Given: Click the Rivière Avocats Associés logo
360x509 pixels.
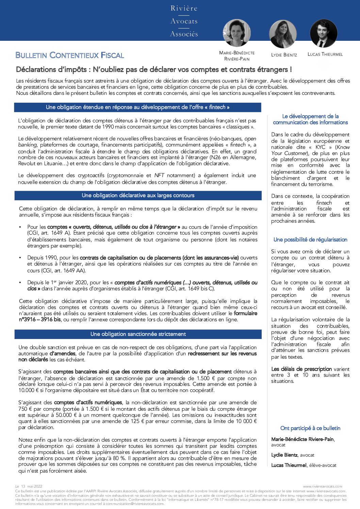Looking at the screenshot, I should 184,21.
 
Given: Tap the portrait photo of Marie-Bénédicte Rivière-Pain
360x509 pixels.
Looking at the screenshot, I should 237,33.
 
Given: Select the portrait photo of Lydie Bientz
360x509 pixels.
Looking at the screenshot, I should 283,34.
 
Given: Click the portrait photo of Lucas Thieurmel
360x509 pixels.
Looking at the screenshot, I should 324,33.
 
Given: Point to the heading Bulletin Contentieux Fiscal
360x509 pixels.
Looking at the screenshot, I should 70,55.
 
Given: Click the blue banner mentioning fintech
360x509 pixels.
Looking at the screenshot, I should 137,107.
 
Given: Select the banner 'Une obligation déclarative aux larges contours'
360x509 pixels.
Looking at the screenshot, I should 138,196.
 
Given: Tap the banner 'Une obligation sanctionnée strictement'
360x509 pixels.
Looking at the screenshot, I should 138,334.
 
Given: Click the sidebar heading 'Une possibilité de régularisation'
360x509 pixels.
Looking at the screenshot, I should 310,240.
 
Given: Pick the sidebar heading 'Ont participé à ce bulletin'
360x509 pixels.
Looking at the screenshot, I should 310,428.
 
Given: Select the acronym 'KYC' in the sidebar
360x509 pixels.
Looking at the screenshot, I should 320,147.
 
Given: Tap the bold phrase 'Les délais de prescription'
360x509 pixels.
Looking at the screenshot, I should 301,369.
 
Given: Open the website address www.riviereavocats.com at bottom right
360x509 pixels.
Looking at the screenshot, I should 322,487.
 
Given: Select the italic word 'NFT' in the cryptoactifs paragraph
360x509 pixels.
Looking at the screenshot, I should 159,175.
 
